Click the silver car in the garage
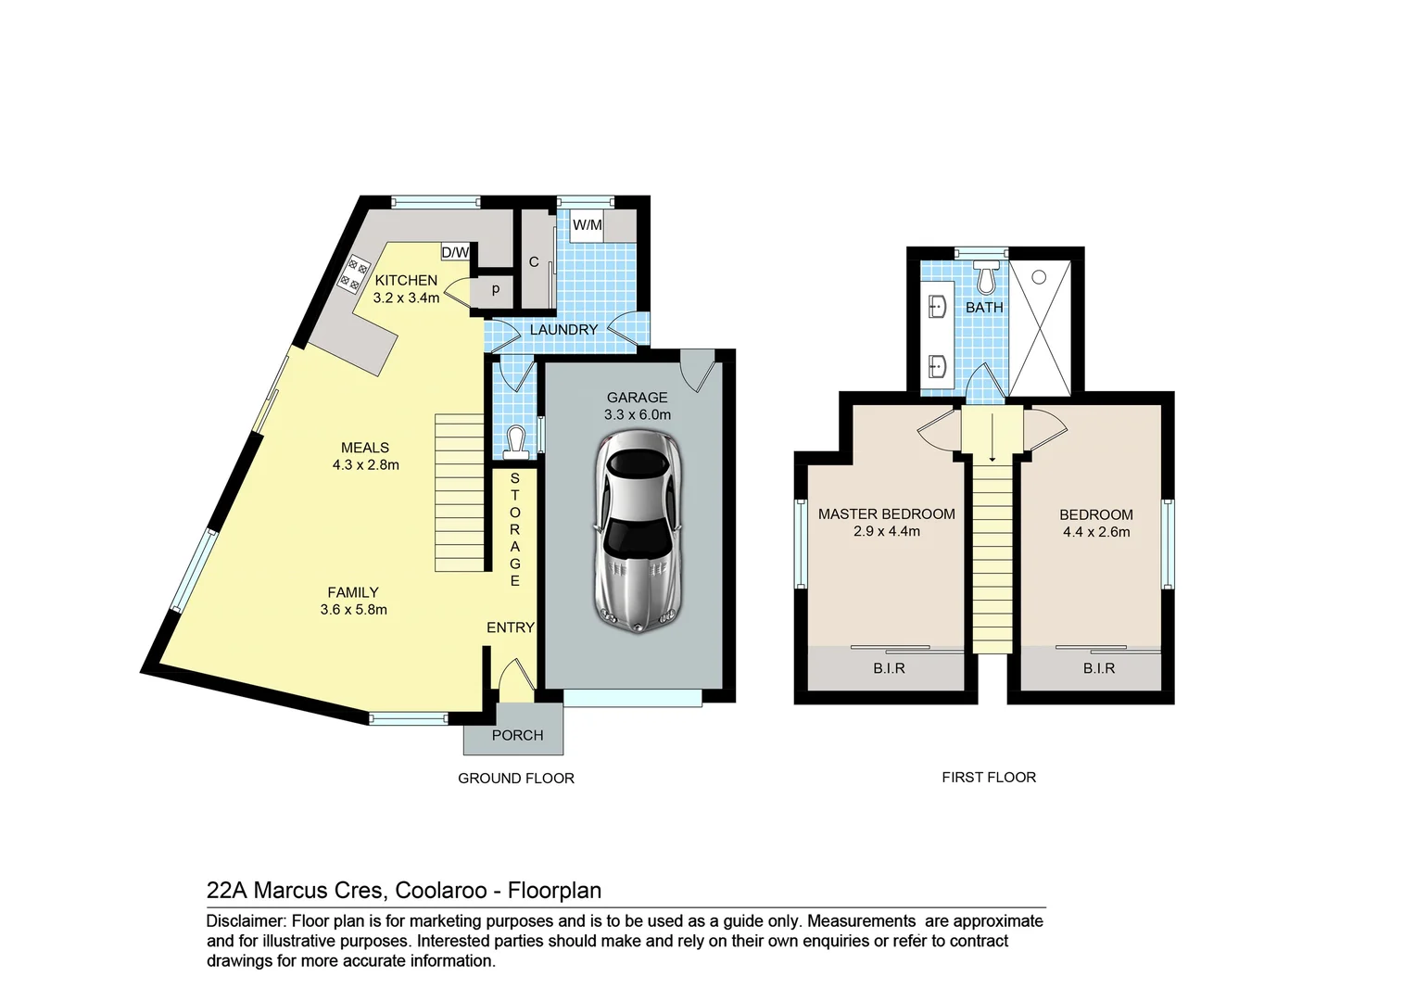(638, 531)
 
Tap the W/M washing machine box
(588, 225)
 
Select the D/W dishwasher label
(455, 253)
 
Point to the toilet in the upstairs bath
(986, 277)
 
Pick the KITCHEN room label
(406, 280)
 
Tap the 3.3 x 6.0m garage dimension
(638, 415)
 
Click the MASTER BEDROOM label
(886, 514)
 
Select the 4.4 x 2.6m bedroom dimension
(1096, 532)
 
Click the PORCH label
(518, 735)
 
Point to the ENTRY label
(510, 627)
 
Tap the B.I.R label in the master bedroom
(889, 668)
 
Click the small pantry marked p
(496, 290)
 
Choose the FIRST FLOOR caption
(989, 777)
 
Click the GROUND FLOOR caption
(516, 779)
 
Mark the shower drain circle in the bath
(1039, 277)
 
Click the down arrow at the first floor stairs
(992, 437)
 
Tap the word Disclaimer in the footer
(246, 920)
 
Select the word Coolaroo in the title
(440, 891)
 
